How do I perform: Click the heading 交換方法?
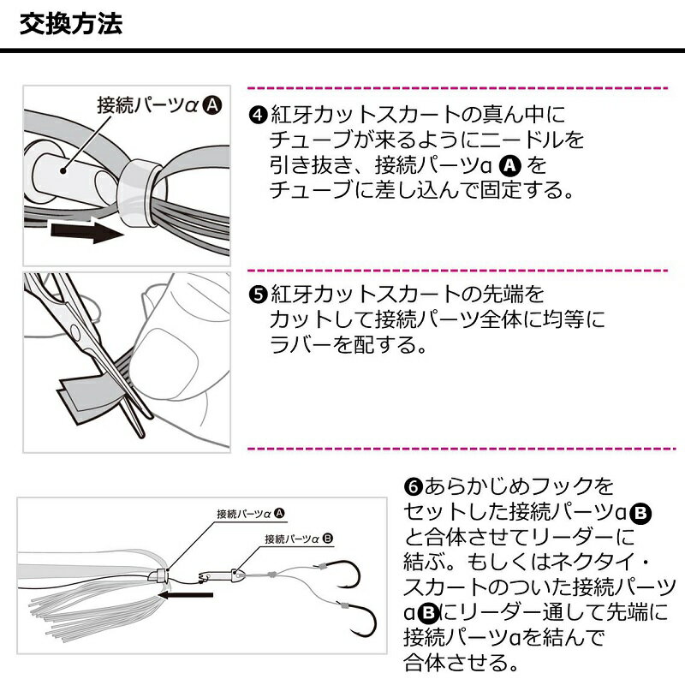coord(71,23)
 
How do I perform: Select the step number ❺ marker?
coord(258,296)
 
